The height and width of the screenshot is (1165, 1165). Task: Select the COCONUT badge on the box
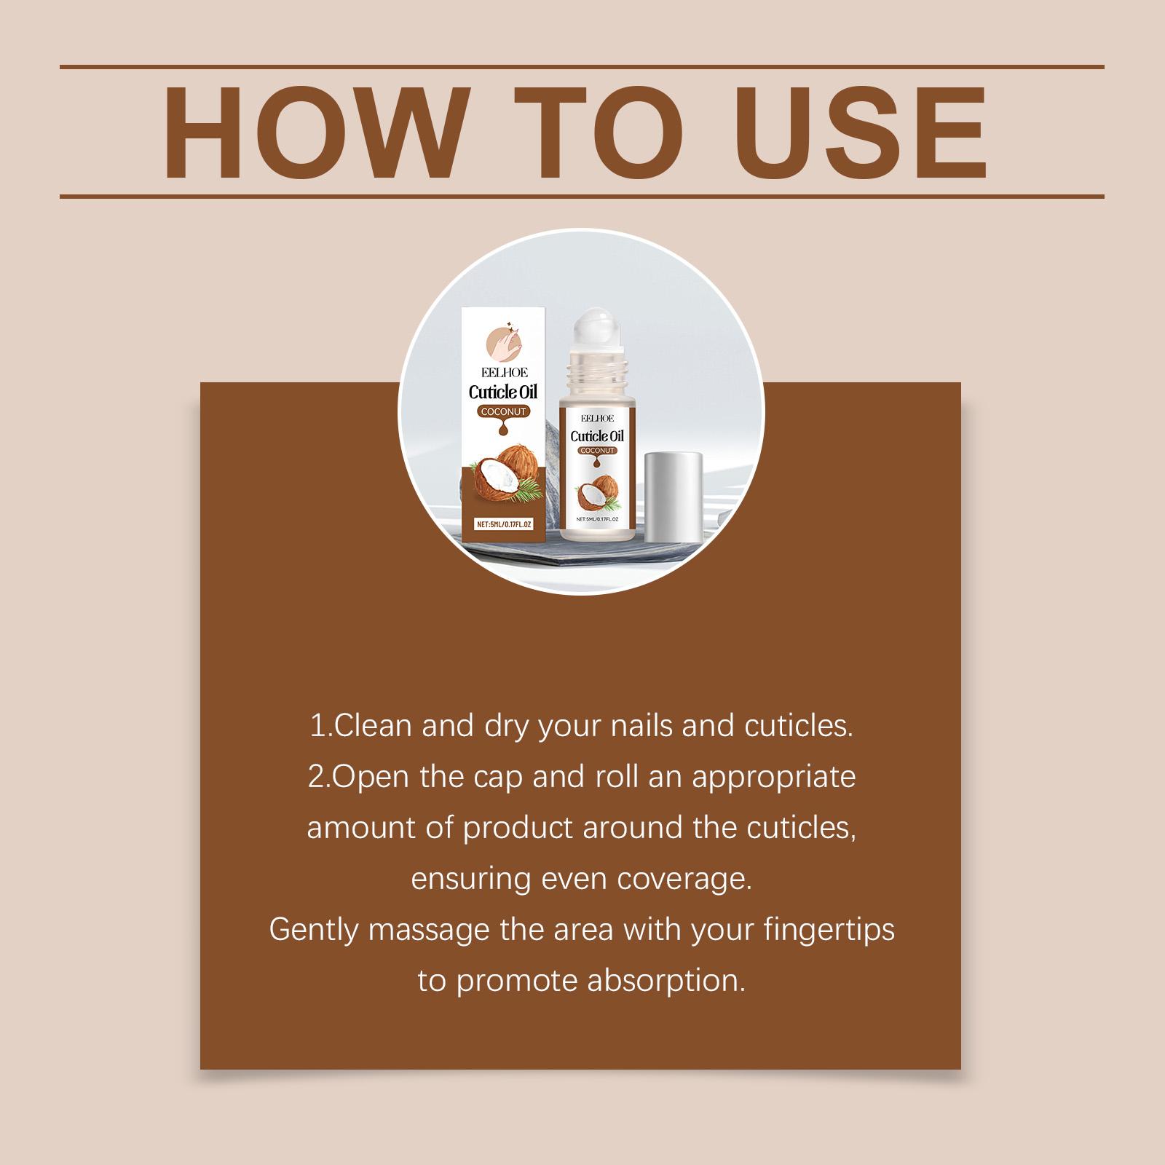[503, 412]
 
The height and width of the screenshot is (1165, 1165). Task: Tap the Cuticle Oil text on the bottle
[597, 436]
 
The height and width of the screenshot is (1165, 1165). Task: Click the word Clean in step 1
[372, 727]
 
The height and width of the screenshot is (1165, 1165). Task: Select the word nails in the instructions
[644, 727]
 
